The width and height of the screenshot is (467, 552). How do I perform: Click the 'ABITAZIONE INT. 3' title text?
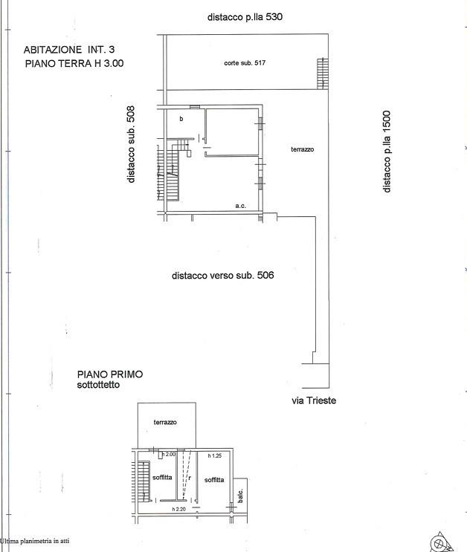69,50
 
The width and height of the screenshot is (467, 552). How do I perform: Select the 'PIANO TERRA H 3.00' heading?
74,63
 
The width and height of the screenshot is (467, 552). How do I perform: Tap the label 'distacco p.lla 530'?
245,17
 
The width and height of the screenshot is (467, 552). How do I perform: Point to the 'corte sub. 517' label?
245,63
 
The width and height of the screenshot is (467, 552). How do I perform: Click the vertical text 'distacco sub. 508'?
131,144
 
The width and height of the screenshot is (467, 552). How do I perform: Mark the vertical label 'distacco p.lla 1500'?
387,152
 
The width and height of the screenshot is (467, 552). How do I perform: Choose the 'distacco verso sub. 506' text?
223,276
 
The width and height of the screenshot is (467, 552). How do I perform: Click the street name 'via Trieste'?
314,400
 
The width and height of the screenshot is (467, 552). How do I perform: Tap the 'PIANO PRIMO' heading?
110,374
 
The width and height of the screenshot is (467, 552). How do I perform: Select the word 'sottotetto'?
98,385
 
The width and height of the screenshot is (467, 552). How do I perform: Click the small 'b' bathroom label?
181,119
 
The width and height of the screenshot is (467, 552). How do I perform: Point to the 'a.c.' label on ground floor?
241,206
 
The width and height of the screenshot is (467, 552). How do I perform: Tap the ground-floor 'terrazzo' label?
303,149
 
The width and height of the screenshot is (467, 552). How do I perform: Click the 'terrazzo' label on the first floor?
165,422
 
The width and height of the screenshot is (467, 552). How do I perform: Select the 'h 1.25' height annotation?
215,455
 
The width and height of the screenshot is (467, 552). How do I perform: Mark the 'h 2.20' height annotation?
179,509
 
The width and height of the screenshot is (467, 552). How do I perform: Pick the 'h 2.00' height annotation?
169,454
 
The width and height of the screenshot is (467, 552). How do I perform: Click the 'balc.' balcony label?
240,496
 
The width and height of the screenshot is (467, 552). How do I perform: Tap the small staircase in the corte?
323,74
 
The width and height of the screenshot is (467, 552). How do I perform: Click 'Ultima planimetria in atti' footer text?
34,541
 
